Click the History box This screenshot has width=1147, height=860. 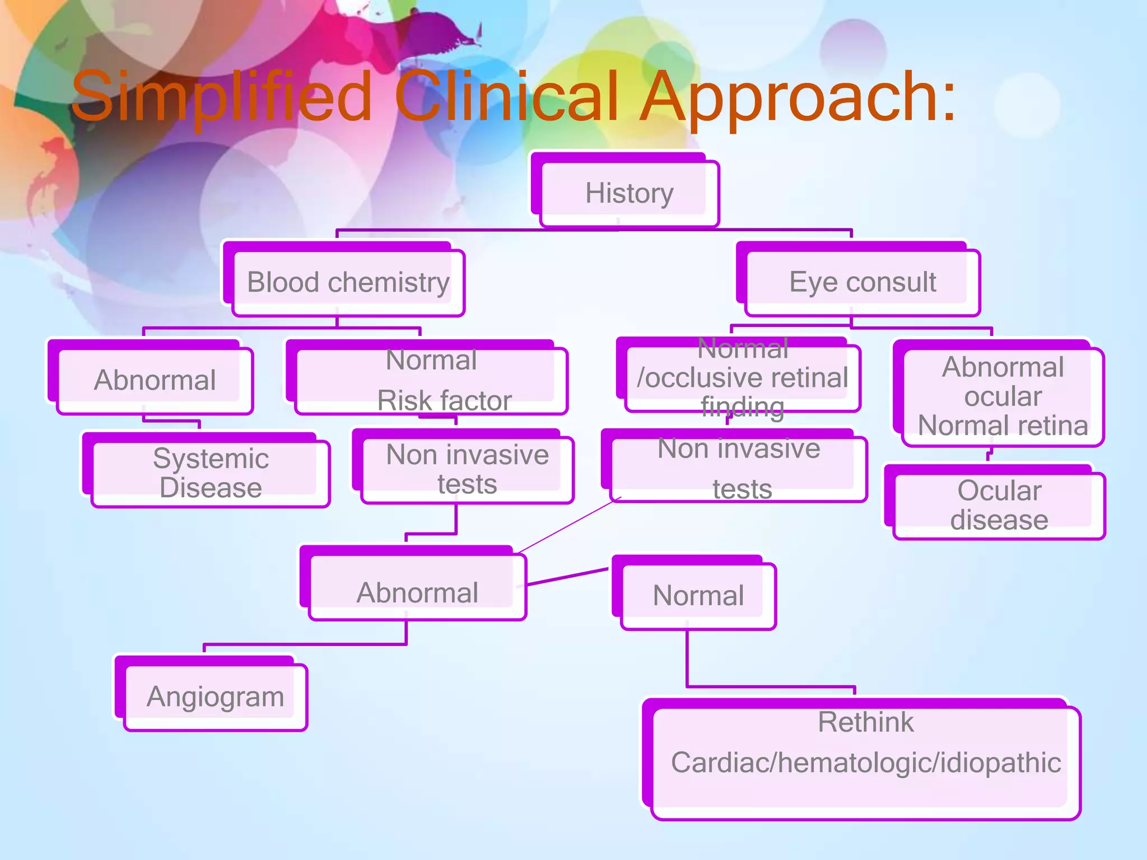(x=628, y=193)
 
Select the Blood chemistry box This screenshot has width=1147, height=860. (x=348, y=282)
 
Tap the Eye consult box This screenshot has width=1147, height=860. (x=862, y=282)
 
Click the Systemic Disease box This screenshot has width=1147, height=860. (x=211, y=473)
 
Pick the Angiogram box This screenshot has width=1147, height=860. (x=215, y=697)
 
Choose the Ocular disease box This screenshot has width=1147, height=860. (x=999, y=505)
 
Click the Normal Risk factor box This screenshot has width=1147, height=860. (x=431, y=380)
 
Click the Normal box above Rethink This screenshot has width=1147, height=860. (x=698, y=595)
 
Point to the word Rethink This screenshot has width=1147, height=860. (x=865, y=722)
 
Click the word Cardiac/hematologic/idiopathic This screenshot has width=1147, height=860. (x=865, y=763)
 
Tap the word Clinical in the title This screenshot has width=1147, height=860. (x=507, y=98)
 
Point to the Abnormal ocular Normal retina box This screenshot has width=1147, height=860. (x=1003, y=396)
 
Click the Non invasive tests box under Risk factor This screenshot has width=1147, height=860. (x=467, y=469)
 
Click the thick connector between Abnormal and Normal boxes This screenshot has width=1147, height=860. (x=567, y=577)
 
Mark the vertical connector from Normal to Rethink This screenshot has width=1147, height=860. (x=687, y=658)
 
